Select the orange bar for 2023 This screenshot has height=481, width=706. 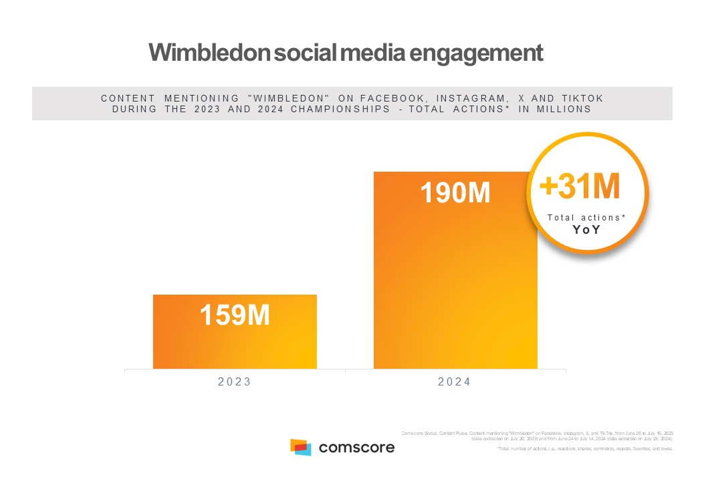pos(235,347)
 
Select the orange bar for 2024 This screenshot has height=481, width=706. pos(455,281)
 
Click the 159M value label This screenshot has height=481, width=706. pos(235,315)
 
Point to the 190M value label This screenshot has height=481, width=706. pos(455,192)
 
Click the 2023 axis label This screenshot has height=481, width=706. pos(235,382)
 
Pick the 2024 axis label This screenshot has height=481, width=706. pos(455,382)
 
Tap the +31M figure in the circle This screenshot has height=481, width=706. pos(580,187)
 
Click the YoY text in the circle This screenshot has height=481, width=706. pos(587,229)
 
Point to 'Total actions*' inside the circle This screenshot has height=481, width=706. pos(586,217)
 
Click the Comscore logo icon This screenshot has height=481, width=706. pos(301,447)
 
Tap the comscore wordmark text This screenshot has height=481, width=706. pos(356,447)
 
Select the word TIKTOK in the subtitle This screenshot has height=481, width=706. pos(582,98)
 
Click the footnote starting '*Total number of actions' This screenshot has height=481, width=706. pos(584,449)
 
